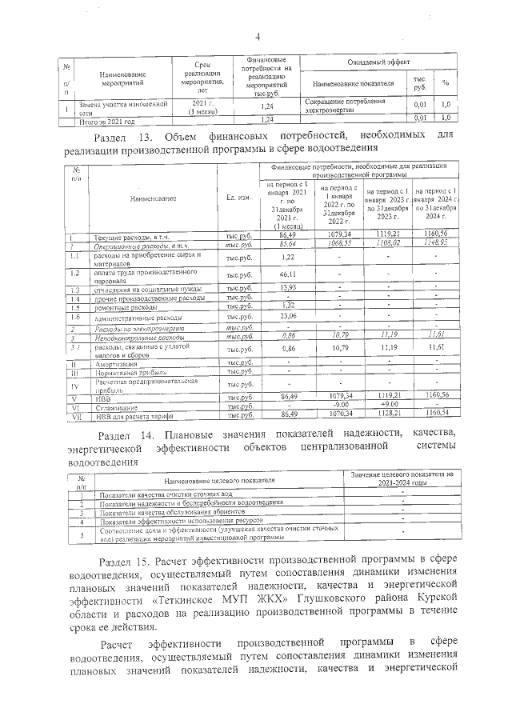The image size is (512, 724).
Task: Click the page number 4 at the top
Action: (258, 37)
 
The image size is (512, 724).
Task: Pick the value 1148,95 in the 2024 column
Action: (438, 243)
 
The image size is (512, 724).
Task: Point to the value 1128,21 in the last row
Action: (386, 414)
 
